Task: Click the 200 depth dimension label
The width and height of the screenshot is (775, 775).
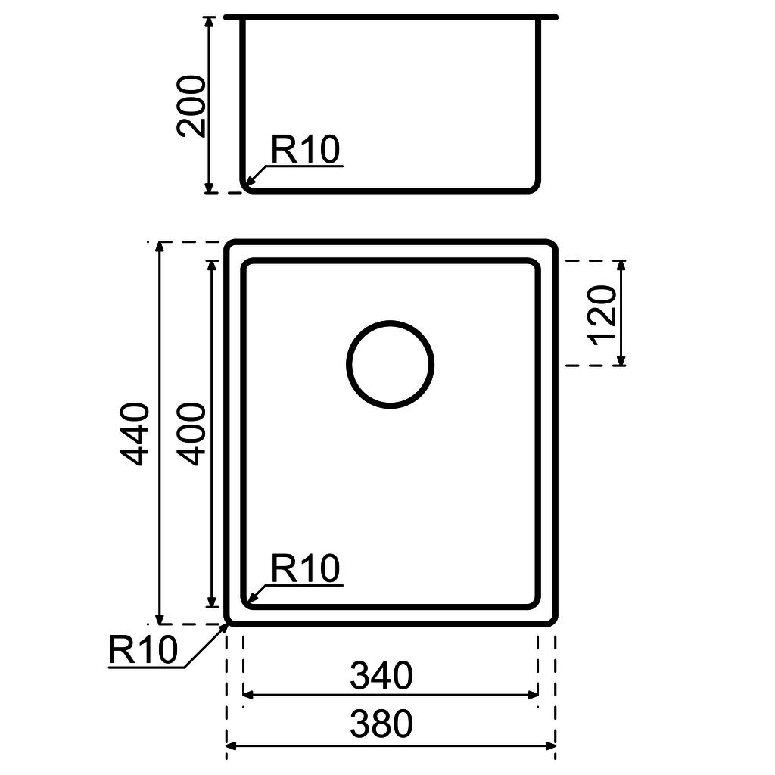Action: pos(191,105)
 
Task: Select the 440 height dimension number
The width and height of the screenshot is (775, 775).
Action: pos(137,434)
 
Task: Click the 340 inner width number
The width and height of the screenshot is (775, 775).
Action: pos(381,676)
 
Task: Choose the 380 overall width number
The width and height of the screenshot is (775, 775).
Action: pos(381,724)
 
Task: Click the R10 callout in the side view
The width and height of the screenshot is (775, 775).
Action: pos(306,151)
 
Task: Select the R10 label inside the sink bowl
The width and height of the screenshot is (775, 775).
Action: pos(306,569)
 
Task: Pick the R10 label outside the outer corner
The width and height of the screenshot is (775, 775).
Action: pos(144,650)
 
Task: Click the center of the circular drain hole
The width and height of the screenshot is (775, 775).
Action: pos(391,365)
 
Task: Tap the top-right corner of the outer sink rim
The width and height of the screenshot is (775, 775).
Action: pos(552,245)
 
